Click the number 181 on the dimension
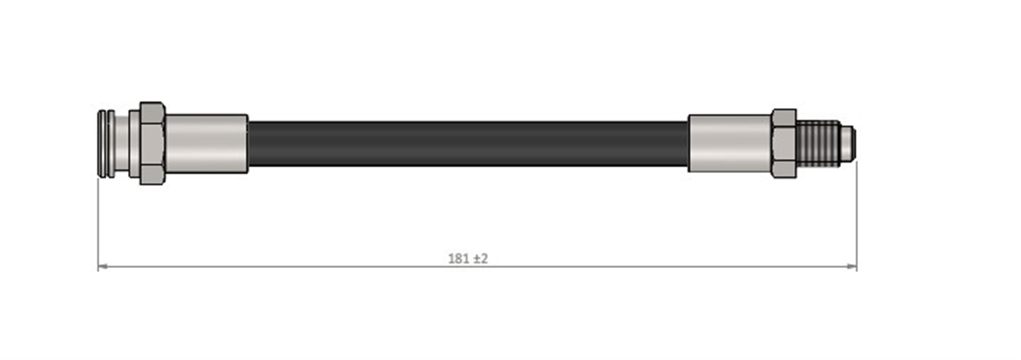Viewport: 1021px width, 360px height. tap(458, 259)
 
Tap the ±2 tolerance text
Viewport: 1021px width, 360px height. tap(481, 259)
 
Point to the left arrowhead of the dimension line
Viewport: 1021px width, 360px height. tap(102, 266)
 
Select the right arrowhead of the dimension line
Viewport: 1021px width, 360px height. tap(852, 266)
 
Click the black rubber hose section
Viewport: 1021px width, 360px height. tap(468, 143)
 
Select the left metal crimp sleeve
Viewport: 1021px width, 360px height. tap(206, 143)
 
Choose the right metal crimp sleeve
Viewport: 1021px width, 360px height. tap(730, 143)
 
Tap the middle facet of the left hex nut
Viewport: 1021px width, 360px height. tap(152, 143)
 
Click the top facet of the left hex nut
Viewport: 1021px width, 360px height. tap(152, 112)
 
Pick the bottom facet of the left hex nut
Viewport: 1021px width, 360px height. tap(152, 175)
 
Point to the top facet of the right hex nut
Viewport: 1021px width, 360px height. tap(784, 117)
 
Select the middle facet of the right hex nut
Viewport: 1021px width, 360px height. tap(784, 143)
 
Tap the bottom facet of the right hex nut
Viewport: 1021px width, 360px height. tap(784, 169)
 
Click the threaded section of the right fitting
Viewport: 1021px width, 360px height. tap(818, 143)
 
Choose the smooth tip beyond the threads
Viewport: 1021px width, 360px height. tap(848, 143)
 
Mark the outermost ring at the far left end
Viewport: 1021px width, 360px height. tap(101, 143)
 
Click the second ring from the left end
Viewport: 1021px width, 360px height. tap(110, 143)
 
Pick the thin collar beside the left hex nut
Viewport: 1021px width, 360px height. tap(134, 143)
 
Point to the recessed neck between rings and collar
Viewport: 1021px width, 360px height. tap(122, 143)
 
